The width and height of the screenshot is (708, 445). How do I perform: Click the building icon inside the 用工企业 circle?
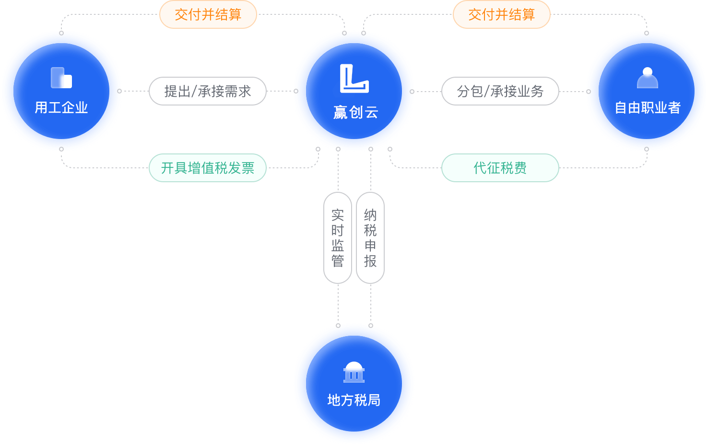click(61, 78)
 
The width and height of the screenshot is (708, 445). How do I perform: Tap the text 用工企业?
click(61, 107)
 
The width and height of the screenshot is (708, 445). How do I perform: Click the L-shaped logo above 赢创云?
click(354, 78)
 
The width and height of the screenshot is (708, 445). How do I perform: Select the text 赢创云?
click(355, 113)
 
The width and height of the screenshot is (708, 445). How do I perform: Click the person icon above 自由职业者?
click(647, 78)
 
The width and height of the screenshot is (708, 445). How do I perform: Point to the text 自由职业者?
click(648, 108)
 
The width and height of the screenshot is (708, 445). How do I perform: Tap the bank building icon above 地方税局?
click(354, 372)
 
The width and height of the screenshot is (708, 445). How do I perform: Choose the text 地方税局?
click(354, 400)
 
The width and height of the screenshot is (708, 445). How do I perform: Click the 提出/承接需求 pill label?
click(208, 91)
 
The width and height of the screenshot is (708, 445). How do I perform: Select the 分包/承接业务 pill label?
click(500, 91)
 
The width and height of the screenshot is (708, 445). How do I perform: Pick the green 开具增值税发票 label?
click(208, 168)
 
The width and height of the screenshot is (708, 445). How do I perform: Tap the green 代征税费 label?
click(500, 168)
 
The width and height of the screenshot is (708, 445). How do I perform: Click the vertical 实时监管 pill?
click(338, 238)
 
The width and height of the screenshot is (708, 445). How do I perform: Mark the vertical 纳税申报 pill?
click(370, 238)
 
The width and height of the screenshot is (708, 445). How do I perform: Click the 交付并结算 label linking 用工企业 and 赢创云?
click(208, 14)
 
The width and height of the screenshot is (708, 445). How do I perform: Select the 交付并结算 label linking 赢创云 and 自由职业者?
click(501, 14)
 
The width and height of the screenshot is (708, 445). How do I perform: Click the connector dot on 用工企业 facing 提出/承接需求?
click(119, 91)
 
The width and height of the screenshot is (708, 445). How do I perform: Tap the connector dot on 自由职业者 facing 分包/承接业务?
click(589, 91)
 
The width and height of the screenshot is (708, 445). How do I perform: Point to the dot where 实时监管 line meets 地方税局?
click(338, 326)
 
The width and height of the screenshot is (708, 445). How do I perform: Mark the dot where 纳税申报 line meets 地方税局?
click(371, 326)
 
